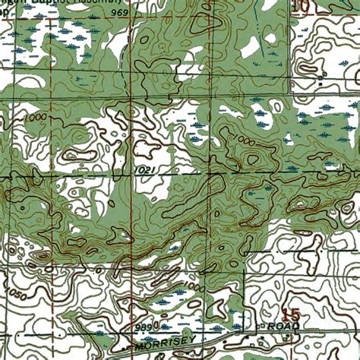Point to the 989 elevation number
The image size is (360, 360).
click(x=143, y=325)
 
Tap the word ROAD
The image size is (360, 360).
click(x=289, y=325)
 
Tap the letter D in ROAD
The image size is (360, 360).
click(x=300, y=325)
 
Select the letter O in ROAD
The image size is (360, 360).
click(x=285, y=325)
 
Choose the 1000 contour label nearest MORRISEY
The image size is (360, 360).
click(x=193, y=287)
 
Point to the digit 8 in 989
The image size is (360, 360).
click(x=143, y=325)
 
